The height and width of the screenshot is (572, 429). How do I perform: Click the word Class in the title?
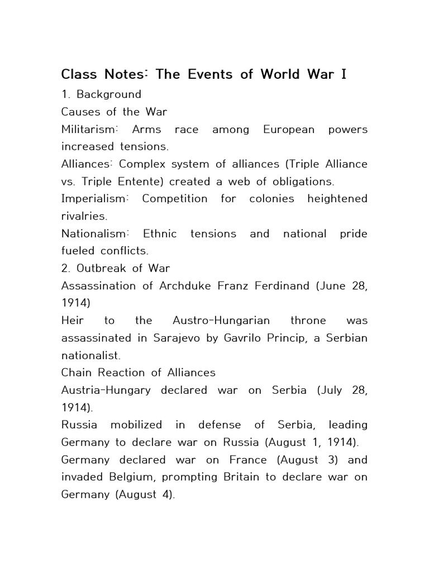coord(79,74)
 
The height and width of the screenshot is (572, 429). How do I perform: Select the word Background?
coord(109,94)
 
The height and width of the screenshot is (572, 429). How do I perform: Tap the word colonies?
coord(273,199)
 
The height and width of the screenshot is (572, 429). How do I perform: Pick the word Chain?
coord(77,373)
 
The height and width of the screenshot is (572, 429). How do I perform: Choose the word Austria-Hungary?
coord(106,390)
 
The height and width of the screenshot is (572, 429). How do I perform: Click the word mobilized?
coord(136,425)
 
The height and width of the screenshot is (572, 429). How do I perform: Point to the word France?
coord(249,460)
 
